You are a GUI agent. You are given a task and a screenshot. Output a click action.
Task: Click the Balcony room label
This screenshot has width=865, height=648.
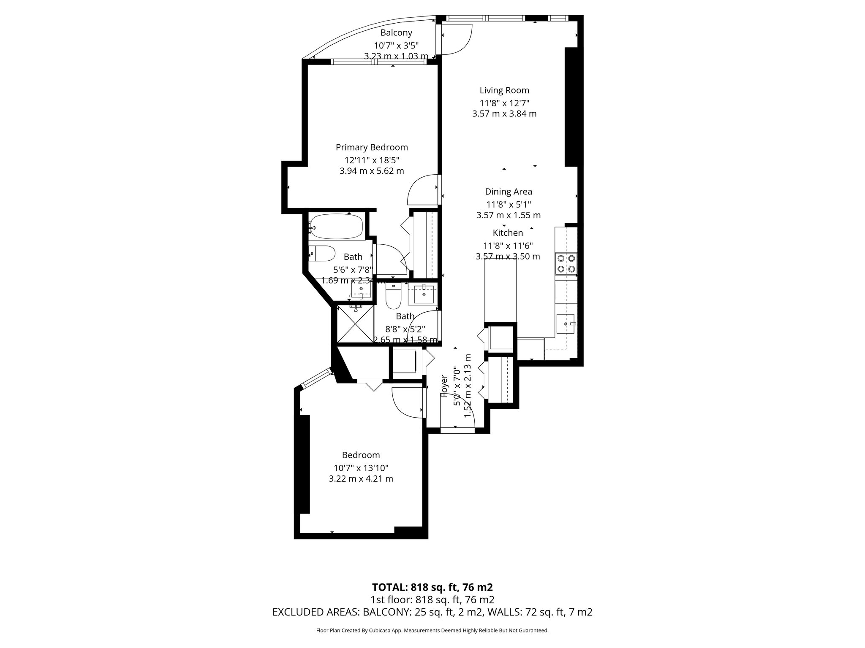pyautogui.click(x=396, y=33)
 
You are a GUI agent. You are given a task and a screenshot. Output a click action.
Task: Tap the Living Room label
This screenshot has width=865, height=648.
pyautogui.click(x=504, y=90)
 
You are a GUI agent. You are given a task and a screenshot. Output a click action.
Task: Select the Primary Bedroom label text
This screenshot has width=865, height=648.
pyautogui.click(x=372, y=147)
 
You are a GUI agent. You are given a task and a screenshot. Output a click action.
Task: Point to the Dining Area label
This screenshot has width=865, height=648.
pyautogui.click(x=508, y=192)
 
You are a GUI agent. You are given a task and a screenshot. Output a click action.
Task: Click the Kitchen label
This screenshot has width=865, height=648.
pyautogui.click(x=508, y=233)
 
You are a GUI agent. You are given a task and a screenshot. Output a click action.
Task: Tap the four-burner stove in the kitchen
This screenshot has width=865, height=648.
pyautogui.click(x=566, y=263)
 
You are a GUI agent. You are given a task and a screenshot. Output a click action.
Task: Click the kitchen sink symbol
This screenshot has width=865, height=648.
pyautogui.click(x=566, y=324)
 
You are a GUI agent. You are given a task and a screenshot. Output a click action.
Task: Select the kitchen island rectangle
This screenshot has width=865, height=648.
pyautogui.click(x=500, y=290)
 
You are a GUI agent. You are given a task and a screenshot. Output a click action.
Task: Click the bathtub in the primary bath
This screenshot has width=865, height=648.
pyautogui.click(x=336, y=227)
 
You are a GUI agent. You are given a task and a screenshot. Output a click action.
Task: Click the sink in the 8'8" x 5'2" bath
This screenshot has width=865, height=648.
pyautogui.click(x=423, y=294)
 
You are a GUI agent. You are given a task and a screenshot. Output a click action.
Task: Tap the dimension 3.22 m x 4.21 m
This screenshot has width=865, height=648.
pyautogui.click(x=361, y=479)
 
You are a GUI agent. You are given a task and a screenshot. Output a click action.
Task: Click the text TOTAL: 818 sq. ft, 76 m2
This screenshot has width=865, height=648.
pyautogui.click(x=432, y=587)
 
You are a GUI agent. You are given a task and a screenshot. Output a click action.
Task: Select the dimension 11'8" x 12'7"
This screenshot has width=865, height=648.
pyautogui.click(x=504, y=103)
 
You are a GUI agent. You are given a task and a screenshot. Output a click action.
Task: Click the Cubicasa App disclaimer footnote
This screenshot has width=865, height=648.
pyautogui.click(x=432, y=630)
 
